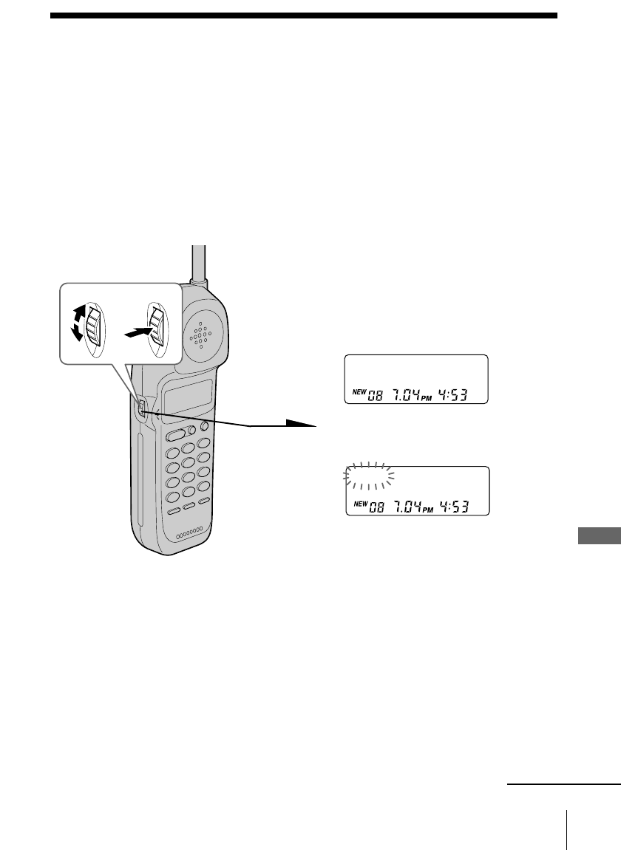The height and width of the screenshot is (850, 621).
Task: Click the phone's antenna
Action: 197,262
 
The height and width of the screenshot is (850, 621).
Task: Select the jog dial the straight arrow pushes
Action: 156,324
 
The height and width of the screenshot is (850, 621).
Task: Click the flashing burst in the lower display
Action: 370,476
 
